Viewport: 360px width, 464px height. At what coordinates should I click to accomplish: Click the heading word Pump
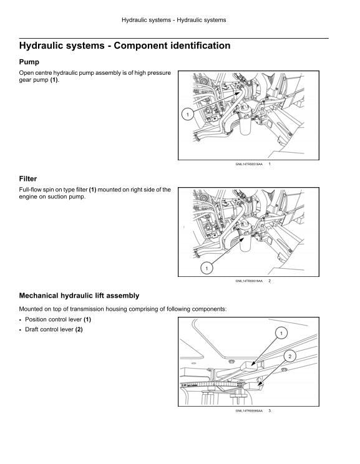point(29,62)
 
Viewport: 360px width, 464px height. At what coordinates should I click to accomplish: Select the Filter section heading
point(28,179)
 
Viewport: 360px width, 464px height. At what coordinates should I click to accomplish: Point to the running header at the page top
point(173,20)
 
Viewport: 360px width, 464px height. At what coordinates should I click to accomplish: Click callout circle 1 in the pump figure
point(187,114)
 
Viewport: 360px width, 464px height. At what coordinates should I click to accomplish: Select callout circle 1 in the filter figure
point(207,268)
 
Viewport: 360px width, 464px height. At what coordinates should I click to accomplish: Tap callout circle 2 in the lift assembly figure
point(289,356)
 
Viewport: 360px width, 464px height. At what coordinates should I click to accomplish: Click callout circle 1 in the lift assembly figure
point(281,334)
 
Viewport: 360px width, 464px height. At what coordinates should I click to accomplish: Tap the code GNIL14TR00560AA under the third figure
point(249,411)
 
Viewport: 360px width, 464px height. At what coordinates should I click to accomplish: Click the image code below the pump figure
point(249,165)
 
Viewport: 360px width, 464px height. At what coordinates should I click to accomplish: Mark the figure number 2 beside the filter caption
point(269,281)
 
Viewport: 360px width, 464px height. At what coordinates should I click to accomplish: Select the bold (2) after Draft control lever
point(79,329)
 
